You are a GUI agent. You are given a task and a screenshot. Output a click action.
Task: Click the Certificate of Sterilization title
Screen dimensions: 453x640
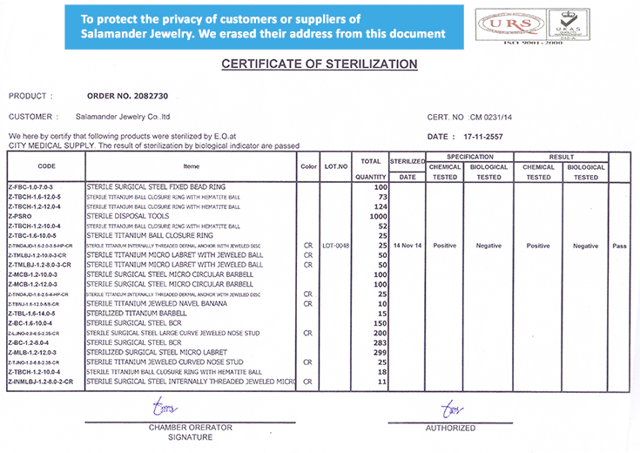click(x=320, y=64)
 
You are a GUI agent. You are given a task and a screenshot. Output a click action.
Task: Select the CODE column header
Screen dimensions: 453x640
click(x=46, y=166)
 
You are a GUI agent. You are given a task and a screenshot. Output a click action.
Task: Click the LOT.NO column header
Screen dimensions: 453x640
click(x=335, y=166)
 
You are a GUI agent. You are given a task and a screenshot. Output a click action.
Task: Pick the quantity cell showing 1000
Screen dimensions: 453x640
click(x=377, y=216)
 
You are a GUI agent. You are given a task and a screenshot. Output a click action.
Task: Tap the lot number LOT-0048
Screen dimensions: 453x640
click(x=335, y=246)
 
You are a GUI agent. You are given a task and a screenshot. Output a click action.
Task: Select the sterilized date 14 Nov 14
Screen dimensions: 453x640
click(x=407, y=246)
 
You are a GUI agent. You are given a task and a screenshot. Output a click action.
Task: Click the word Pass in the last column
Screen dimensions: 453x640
click(x=619, y=246)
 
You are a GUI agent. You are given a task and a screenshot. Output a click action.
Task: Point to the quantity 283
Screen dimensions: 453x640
click(x=379, y=342)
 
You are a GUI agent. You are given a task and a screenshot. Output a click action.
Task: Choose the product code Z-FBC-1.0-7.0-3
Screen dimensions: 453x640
click(x=30, y=187)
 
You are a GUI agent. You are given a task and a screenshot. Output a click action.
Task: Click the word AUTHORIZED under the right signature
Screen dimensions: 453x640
click(x=450, y=428)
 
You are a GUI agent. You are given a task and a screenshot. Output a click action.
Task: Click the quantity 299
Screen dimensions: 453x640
click(x=379, y=352)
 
